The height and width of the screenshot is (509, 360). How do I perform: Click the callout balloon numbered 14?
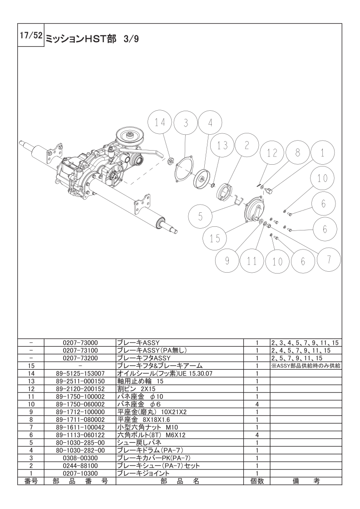(x=160, y=123)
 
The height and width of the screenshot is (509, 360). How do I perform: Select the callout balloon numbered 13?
(x=222, y=145)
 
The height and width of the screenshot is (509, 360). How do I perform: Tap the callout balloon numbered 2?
(x=247, y=145)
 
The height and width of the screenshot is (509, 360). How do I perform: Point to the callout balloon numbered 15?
(x=215, y=239)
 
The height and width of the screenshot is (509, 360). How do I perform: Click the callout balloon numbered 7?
(x=329, y=259)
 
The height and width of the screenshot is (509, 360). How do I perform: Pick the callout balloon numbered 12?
(x=272, y=152)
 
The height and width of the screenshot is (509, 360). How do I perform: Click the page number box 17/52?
(x=30, y=35)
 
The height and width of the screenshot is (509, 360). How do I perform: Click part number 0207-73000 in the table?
(x=80, y=343)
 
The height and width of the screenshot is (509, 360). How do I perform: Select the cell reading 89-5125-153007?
(x=80, y=373)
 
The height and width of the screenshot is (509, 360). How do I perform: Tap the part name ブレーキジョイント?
(x=143, y=474)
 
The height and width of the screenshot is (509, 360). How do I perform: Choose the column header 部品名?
(x=180, y=481)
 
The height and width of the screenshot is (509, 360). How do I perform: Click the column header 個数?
(x=256, y=481)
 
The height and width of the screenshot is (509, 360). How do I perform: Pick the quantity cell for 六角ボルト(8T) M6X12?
(x=256, y=435)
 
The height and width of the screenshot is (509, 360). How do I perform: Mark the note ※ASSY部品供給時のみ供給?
(x=306, y=366)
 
